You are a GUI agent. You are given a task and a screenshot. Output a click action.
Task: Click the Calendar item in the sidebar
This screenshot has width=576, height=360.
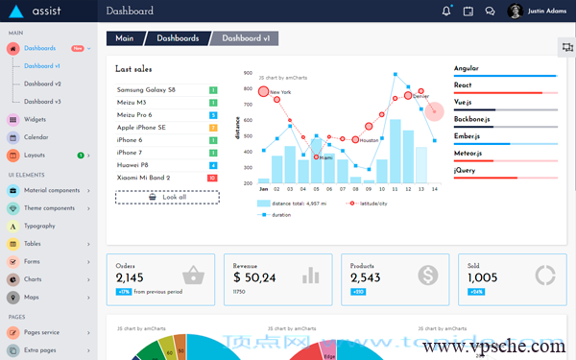(x=36, y=137)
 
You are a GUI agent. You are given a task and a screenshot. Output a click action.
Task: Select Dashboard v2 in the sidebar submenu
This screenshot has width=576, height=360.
(x=42, y=84)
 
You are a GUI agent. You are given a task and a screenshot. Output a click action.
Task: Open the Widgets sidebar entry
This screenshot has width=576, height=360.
(x=35, y=120)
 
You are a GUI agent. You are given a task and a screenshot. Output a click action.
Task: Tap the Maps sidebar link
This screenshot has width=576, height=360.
(x=31, y=297)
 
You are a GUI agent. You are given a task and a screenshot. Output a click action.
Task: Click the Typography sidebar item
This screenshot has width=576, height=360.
(x=39, y=226)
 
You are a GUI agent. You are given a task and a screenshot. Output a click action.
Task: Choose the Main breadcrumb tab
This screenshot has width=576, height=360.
(x=124, y=38)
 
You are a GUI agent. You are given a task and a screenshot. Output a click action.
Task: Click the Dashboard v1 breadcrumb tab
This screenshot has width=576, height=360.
(x=246, y=38)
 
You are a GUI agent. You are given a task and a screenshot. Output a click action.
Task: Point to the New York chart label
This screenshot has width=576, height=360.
(x=280, y=92)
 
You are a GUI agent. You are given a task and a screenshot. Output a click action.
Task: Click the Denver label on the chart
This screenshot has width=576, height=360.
(x=420, y=97)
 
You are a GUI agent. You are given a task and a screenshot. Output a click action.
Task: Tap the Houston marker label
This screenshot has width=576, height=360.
(x=370, y=140)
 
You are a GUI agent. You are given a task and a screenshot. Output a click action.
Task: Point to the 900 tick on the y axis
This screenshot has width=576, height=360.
(x=248, y=74)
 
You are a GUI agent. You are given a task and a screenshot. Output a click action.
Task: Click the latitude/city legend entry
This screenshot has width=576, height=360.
(x=369, y=204)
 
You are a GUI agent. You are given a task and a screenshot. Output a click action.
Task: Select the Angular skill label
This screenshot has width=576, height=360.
(x=467, y=69)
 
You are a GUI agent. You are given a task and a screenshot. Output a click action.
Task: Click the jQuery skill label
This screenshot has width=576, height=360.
(x=466, y=170)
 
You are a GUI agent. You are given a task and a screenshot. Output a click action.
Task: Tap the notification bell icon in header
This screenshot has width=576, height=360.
(x=446, y=12)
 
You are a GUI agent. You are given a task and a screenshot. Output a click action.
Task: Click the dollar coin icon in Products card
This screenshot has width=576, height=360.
(x=427, y=276)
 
